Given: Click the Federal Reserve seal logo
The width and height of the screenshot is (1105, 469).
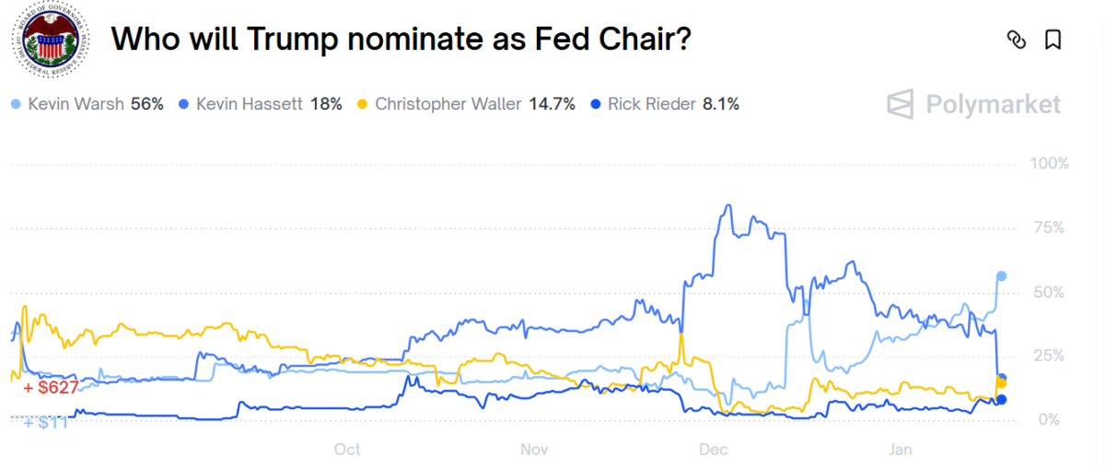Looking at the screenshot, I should (52, 41).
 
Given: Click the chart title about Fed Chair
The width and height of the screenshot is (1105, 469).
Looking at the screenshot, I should (401, 40).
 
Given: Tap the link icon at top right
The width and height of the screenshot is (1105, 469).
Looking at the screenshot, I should (1017, 40).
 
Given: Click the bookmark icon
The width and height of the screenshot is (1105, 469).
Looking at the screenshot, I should (1053, 40).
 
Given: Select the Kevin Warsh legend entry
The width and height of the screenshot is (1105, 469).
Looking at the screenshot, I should (87, 104).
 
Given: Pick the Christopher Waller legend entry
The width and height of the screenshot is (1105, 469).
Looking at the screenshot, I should (466, 104).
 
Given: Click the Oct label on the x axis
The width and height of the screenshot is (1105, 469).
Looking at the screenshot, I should (347, 450).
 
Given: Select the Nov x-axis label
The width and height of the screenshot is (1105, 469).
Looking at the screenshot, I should (534, 450).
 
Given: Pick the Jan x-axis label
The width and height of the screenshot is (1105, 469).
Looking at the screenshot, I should (900, 450).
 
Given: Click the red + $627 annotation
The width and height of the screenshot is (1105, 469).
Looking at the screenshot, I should (51, 389).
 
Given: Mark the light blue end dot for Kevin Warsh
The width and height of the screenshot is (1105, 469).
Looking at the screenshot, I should (1002, 276).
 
